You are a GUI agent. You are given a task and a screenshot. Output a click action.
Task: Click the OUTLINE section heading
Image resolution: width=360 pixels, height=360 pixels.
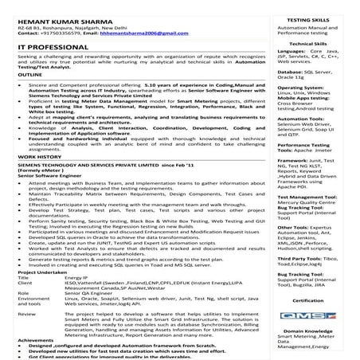click(28, 97)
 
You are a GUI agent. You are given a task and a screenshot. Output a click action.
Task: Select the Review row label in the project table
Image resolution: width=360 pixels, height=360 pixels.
click(25, 313)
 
